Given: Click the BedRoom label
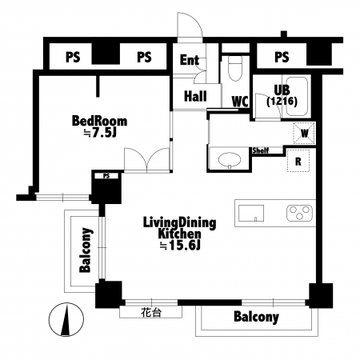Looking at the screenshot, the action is click(x=99, y=121).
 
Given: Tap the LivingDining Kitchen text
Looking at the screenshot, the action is click(x=179, y=228).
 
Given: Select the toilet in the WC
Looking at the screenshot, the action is click(x=235, y=68).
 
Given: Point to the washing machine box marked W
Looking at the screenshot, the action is click(x=305, y=133).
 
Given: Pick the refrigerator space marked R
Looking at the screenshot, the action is click(x=298, y=161).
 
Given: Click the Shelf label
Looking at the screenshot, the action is click(x=261, y=150).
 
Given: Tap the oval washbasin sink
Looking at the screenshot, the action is click(x=230, y=160).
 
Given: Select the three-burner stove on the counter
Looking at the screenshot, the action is click(x=299, y=213).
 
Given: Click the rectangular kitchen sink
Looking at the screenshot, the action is click(x=251, y=213).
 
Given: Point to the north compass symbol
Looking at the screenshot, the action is click(x=66, y=319).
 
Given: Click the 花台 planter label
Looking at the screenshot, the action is click(x=151, y=312).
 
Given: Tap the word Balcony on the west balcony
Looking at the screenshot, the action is click(x=86, y=250).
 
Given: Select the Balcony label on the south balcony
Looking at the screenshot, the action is click(x=256, y=317).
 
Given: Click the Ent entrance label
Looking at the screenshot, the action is click(x=190, y=60).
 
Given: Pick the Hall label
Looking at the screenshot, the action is click(x=195, y=96).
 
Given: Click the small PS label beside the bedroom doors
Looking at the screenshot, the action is click(x=106, y=176).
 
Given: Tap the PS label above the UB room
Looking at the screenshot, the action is click(x=282, y=57).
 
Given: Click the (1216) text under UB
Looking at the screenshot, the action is click(x=282, y=102).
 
